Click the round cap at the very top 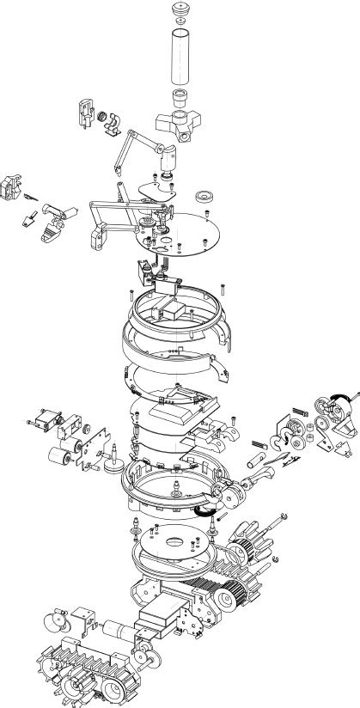[179, 10]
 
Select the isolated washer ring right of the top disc [206, 195]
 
